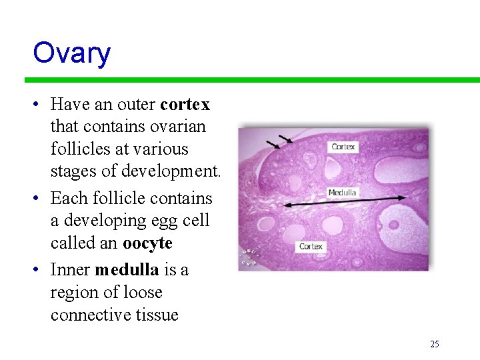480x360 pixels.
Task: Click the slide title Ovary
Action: pyautogui.click(x=71, y=53)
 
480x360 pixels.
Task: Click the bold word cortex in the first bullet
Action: pyautogui.click(x=185, y=105)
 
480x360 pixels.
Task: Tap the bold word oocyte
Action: pyautogui.click(x=147, y=243)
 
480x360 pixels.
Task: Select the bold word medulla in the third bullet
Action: pyautogui.click(x=127, y=270)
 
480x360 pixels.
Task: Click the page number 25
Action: pyautogui.click(x=435, y=345)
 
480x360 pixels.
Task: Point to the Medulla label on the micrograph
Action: pyautogui.click(x=342, y=193)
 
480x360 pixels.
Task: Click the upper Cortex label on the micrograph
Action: pyautogui.click(x=343, y=147)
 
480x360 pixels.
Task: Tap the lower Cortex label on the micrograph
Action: pyautogui.click(x=311, y=247)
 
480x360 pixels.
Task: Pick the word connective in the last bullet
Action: pyautogui.click(x=88, y=315)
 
